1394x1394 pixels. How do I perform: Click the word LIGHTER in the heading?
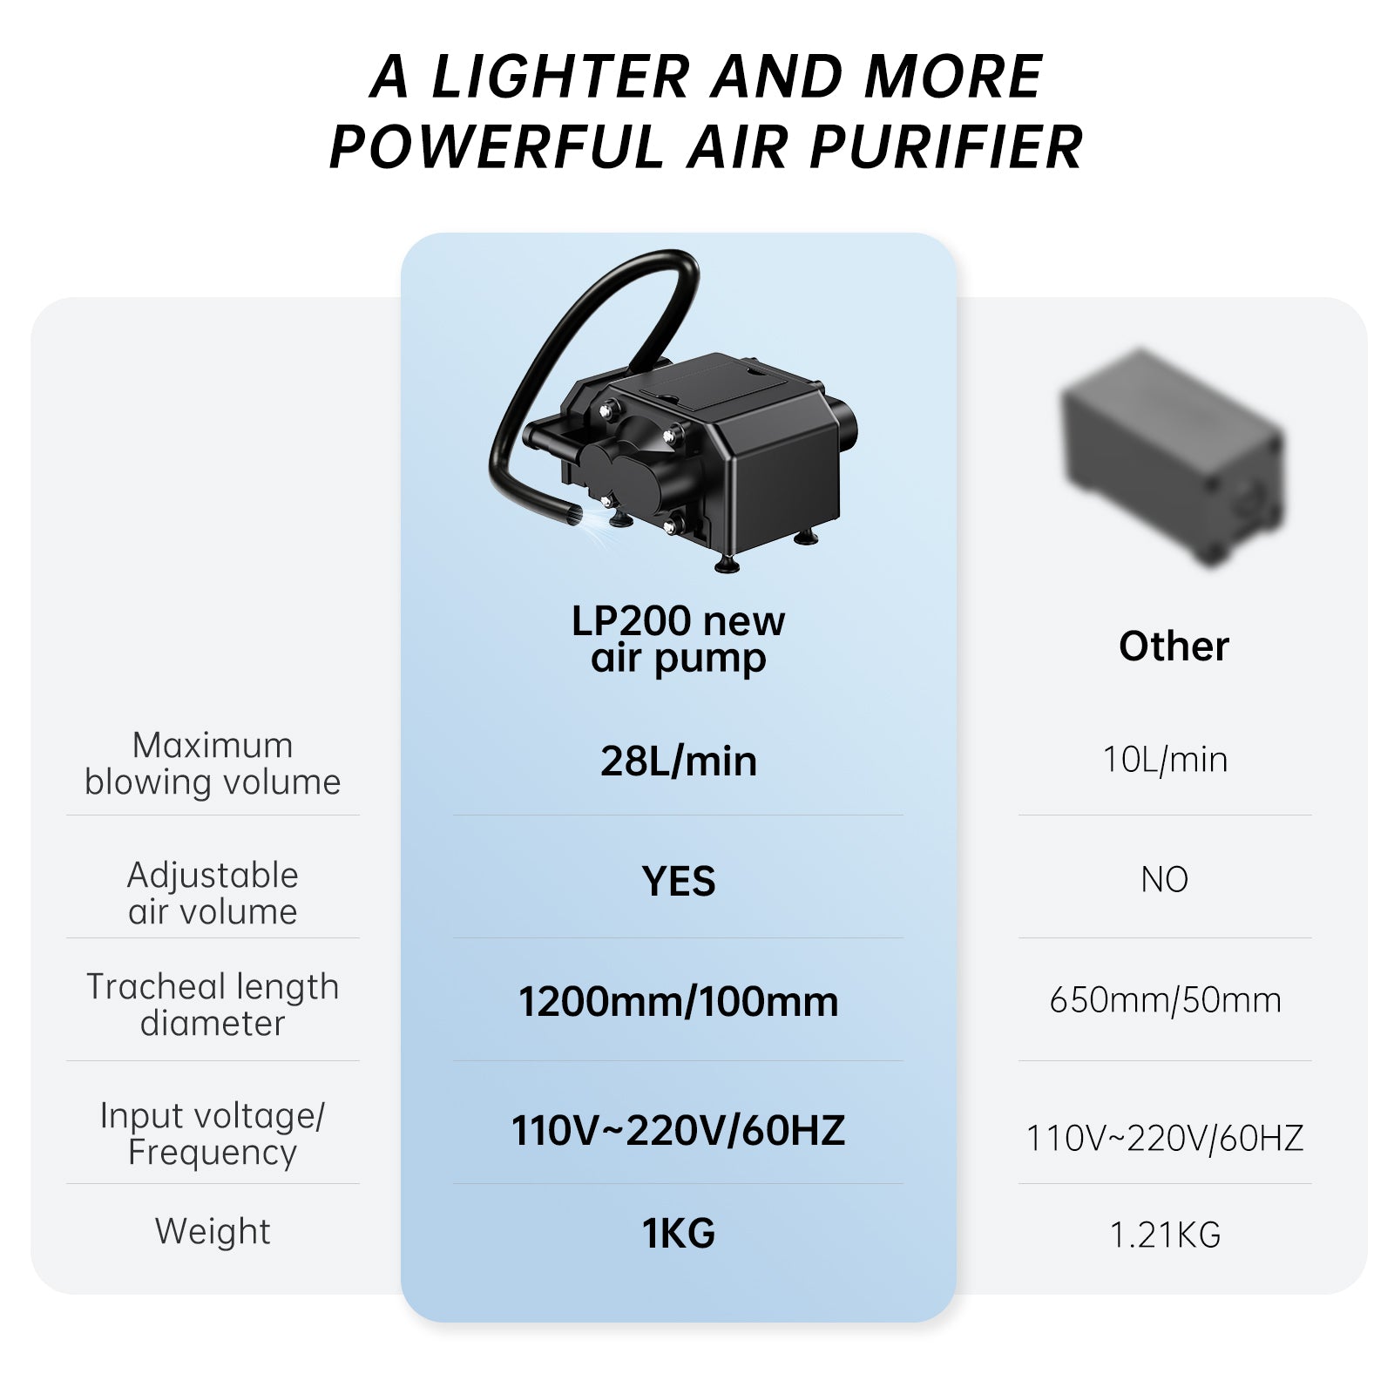560,78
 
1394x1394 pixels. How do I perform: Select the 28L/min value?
678,761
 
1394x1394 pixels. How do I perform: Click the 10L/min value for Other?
1165,760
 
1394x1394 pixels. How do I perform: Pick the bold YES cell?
678,881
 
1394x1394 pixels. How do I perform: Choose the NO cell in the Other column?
1165,880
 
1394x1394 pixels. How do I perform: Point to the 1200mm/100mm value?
678,1002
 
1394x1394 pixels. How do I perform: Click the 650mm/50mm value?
1165,1000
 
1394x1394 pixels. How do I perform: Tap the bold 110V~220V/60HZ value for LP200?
678,1131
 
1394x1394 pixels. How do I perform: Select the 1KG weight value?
678,1234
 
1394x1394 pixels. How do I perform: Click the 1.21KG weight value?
1165,1235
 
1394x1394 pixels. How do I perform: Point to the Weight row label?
213,1232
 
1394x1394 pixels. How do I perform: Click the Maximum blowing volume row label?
213,763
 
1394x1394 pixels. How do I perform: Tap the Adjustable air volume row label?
213,893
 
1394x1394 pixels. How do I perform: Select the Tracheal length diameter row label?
213,1005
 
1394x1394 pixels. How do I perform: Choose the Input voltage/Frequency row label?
213,1133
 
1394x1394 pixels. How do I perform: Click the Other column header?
1174,646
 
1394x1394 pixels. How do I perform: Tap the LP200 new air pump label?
678,639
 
